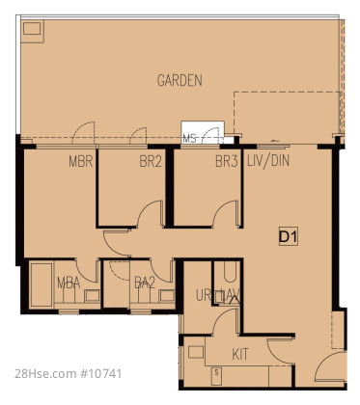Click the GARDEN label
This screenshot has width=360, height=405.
tap(180, 80)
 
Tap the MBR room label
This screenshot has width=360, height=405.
tap(81, 161)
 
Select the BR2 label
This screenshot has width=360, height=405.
tap(151, 161)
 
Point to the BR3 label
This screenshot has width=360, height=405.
tap(227, 161)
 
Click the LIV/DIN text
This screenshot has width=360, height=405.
tap(268, 161)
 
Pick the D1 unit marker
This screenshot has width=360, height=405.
tap(289, 237)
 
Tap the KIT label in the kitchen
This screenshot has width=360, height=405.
tap(240, 354)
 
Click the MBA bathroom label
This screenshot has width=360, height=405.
tap(69, 283)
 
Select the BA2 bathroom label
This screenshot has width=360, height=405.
tap(145, 283)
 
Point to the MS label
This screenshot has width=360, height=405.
tap(189, 139)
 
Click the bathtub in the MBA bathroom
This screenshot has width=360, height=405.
tap(42, 284)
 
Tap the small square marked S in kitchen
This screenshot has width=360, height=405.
tap(216, 373)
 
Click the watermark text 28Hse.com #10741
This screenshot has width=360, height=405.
tap(69, 374)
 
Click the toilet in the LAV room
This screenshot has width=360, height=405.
tap(230, 272)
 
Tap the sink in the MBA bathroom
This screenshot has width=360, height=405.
tap(92, 296)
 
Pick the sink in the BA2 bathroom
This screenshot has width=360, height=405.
tap(167, 296)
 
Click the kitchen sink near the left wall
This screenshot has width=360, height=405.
tap(196, 352)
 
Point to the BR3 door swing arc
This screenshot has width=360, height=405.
tap(224, 213)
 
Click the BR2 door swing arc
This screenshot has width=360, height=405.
tap(149, 213)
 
